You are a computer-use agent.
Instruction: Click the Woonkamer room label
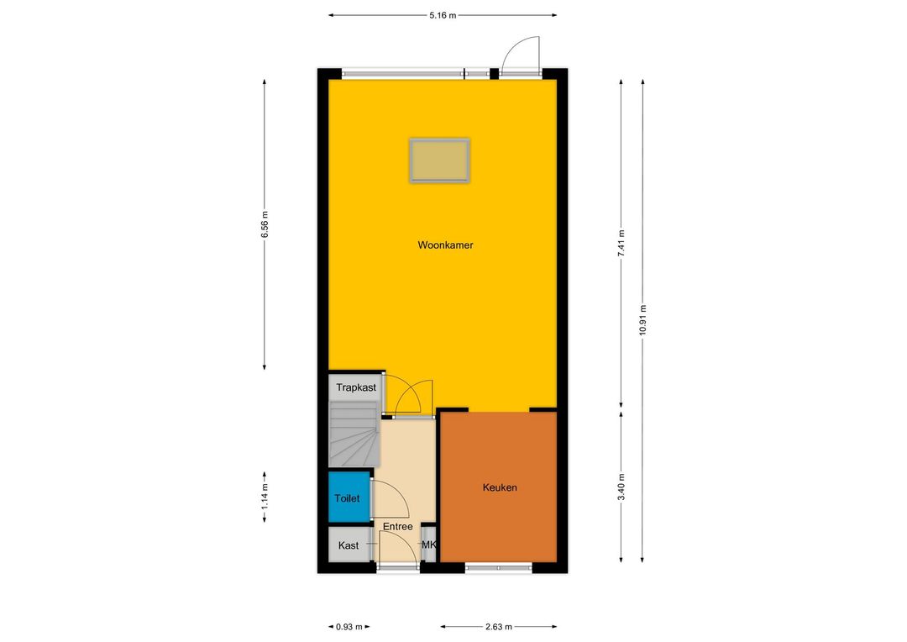coord(445,245)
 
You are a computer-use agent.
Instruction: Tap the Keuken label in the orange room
coord(500,487)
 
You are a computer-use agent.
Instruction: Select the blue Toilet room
coord(349,497)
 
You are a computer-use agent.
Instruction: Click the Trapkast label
coord(356,387)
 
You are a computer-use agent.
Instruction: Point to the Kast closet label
coord(349,545)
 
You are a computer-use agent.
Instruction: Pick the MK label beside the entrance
coord(428,545)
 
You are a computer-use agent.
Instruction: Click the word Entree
coord(398,526)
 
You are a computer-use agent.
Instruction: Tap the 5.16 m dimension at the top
coord(443,16)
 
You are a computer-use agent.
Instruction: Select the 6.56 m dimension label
coord(265,224)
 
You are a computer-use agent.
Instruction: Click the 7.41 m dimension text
coord(621,244)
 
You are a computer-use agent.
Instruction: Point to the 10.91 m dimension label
coord(642,319)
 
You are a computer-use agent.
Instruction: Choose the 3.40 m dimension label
coord(621,487)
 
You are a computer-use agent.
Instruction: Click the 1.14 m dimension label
coord(265,497)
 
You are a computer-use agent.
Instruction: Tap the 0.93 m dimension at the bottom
coord(349,626)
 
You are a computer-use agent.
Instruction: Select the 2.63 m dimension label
coord(499,626)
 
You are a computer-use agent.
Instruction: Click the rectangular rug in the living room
coord(439,160)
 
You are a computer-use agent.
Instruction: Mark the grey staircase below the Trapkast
coord(354,434)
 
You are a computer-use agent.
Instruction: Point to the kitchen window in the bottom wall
coord(499,568)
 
